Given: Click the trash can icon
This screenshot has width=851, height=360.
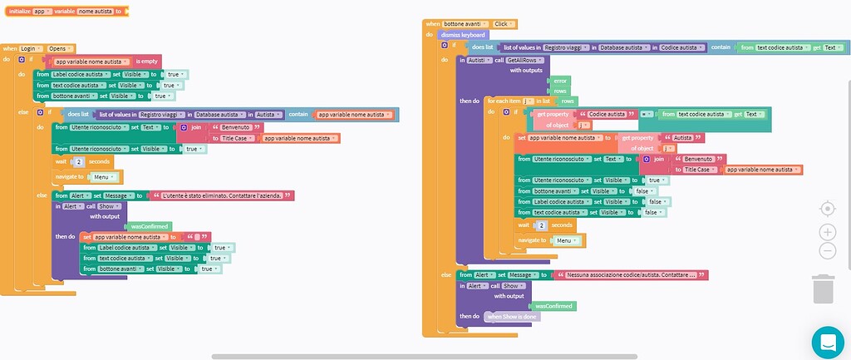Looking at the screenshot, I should tap(822, 289).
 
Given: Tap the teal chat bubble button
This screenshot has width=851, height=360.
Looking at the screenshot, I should tap(827, 341).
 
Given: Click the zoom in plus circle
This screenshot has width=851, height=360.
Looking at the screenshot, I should tap(827, 232).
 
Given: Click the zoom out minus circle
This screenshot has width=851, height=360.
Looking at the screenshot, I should tap(827, 251).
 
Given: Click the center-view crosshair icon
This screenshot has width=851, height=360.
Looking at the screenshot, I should tap(827, 209).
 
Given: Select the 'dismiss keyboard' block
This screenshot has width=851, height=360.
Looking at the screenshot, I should tap(462, 35).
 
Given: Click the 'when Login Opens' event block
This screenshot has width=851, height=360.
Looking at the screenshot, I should tap(10, 49).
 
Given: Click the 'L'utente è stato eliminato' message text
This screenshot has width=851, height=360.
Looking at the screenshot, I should tap(222, 195).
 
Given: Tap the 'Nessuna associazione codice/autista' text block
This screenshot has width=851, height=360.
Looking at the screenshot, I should tap(632, 274).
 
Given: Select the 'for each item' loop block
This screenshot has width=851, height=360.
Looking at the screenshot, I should tap(505, 101).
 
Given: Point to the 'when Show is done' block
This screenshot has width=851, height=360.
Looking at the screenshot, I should tap(513, 317).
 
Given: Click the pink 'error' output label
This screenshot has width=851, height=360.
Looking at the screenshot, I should tap(560, 80).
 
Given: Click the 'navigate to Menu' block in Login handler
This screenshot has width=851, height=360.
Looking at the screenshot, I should tap(69, 176).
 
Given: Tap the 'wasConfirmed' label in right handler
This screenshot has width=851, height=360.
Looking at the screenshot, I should tap(554, 305).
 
